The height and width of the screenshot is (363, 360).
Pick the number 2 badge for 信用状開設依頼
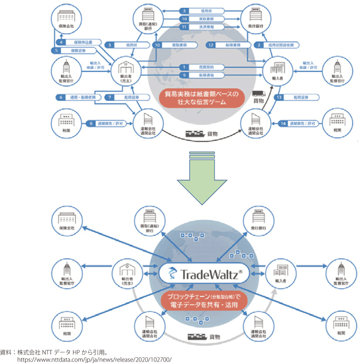259,45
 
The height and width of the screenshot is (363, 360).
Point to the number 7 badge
109,97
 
